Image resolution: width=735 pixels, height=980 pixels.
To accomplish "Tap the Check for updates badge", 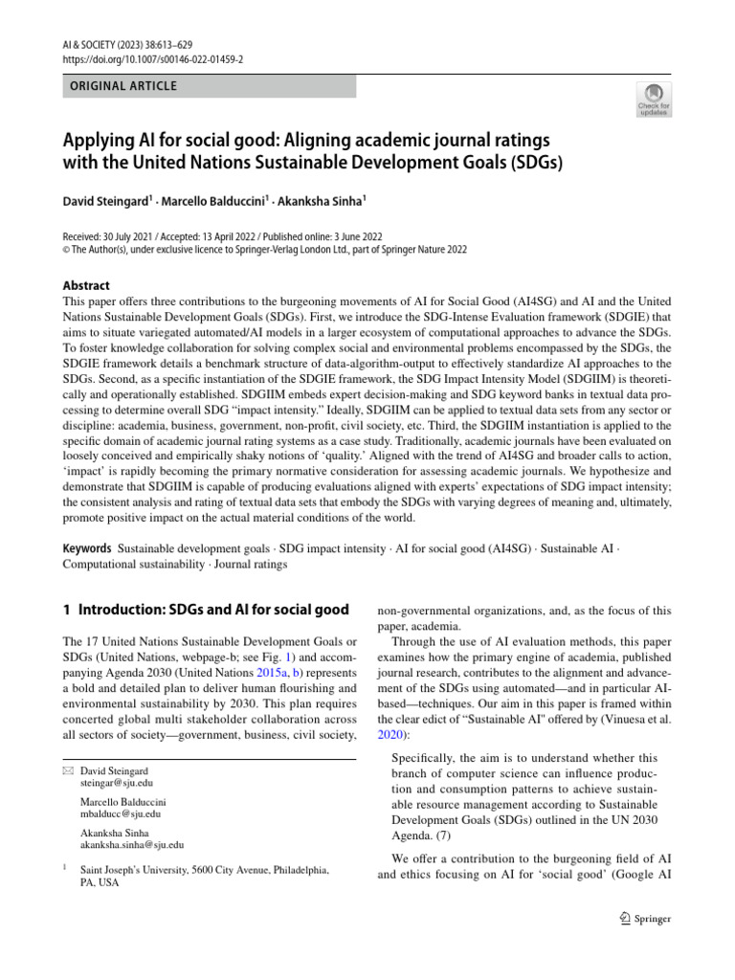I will point(654,99).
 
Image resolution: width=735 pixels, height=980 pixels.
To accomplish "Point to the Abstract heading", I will point(86,285).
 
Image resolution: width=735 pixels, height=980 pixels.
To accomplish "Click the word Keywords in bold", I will point(87,549).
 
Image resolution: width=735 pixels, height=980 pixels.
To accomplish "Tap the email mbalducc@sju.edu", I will point(121,813).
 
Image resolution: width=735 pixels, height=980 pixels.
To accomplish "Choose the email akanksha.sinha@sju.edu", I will point(132,845).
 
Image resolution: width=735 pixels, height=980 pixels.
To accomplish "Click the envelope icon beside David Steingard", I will point(67,770).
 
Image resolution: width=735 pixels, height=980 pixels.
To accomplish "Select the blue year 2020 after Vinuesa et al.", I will point(391,734).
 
